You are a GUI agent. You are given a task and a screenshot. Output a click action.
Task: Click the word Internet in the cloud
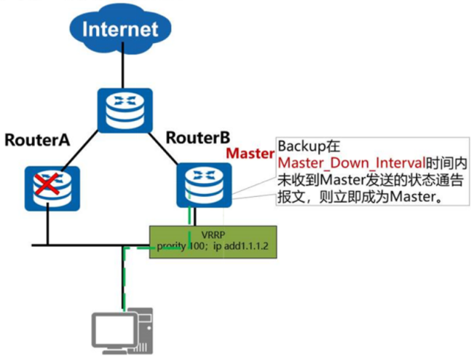(121, 29)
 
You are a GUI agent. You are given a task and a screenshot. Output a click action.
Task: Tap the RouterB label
(198, 136)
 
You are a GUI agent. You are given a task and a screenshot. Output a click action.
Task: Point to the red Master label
(249, 154)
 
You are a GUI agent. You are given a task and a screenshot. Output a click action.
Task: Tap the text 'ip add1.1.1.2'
(244, 246)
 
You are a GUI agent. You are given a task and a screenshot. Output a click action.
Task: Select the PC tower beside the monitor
(147, 332)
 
